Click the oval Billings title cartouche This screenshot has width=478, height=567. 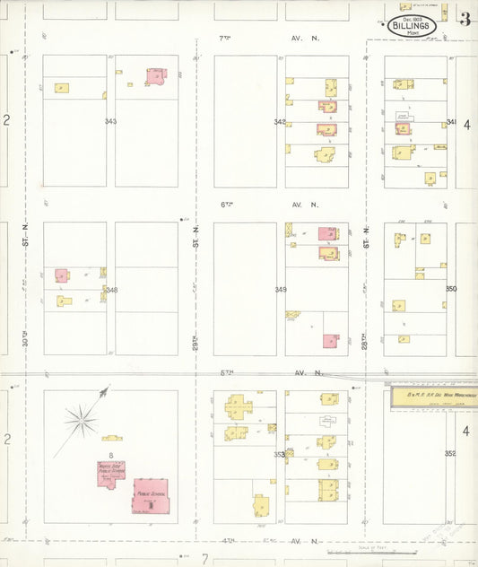(413, 25)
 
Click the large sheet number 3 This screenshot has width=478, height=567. (465, 20)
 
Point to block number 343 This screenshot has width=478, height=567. (110, 121)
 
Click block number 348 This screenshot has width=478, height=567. (110, 290)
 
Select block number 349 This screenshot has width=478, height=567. (281, 290)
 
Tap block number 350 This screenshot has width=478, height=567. (450, 289)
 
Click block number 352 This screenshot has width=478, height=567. (450, 453)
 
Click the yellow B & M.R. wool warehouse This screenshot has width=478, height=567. (431, 396)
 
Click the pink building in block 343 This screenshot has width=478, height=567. (158, 77)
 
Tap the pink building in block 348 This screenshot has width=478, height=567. (62, 276)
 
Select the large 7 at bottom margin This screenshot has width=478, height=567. (204, 559)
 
